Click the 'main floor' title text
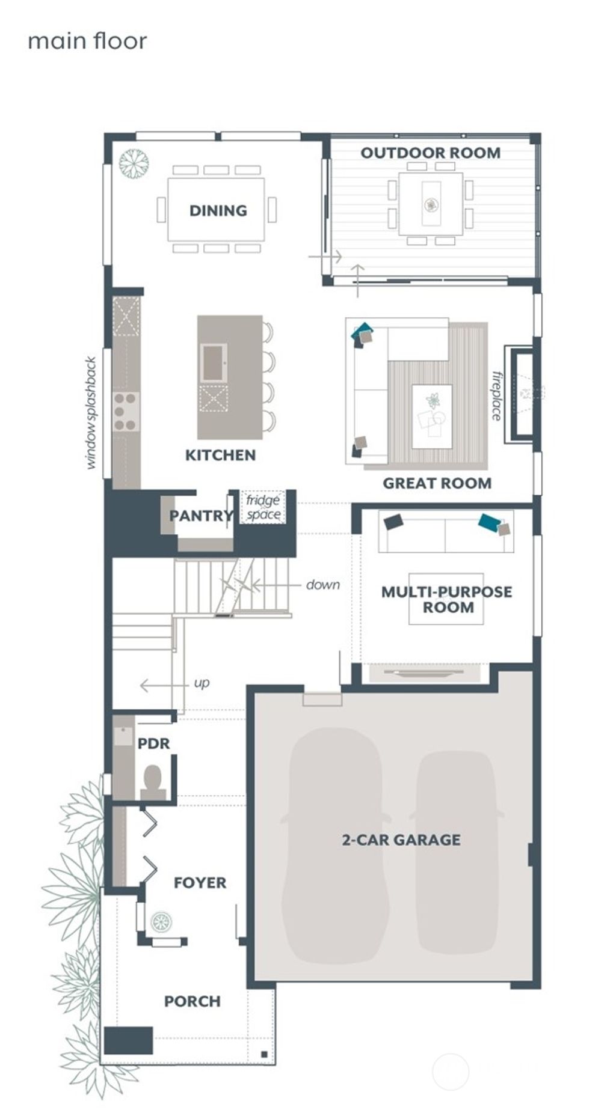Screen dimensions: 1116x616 87,41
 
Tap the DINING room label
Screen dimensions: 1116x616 218,210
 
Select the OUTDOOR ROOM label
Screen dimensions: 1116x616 430,153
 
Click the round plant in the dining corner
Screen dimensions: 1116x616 134,163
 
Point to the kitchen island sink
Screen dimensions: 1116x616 214,362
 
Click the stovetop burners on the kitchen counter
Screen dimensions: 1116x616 126,412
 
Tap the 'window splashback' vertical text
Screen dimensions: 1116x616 91,413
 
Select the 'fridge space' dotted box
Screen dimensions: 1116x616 263,507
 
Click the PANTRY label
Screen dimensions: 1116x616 200,516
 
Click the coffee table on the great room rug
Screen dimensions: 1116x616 432,416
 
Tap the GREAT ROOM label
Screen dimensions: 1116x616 437,483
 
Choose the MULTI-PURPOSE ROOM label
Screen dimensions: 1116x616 447,599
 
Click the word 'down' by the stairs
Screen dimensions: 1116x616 322,585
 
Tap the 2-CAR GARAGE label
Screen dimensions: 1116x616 401,840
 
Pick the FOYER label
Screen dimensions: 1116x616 200,883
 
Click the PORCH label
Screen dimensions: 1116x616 192,1001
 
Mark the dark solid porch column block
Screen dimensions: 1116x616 128,1041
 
